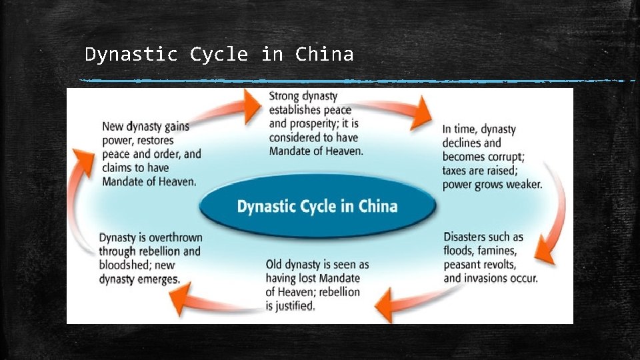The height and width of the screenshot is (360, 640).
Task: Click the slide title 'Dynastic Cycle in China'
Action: pos(219,54)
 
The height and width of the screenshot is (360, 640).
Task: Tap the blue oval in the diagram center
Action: pos(317,206)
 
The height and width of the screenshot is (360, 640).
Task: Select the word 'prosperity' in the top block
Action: pos(319,124)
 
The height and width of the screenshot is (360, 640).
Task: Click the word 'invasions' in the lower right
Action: pos(491,278)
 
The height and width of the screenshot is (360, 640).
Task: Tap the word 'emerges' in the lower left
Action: pos(159,279)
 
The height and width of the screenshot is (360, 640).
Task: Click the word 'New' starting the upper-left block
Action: pos(113,127)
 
